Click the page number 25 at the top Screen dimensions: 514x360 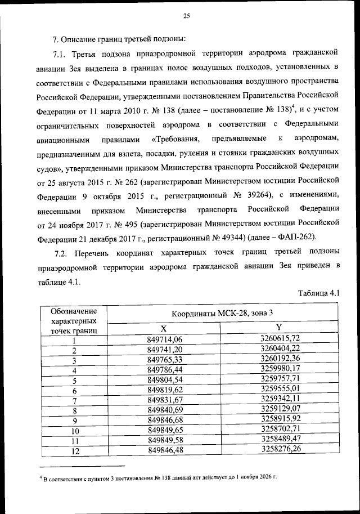click(x=187, y=16)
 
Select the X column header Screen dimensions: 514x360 click(x=164, y=328)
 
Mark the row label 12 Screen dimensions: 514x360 click(x=74, y=451)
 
